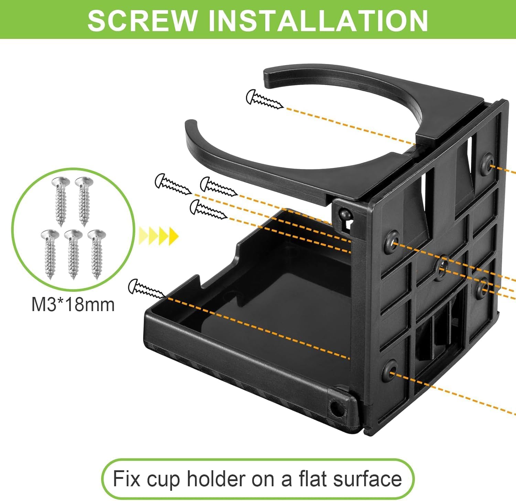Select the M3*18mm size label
pos(73,305)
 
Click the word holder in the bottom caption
pos(215,479)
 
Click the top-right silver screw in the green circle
pos(84,201)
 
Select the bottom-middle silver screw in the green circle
pos(73,254)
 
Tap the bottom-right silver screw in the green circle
pos(97,254)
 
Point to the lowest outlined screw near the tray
pos(147,288)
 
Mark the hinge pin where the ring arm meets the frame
pos(344,214)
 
